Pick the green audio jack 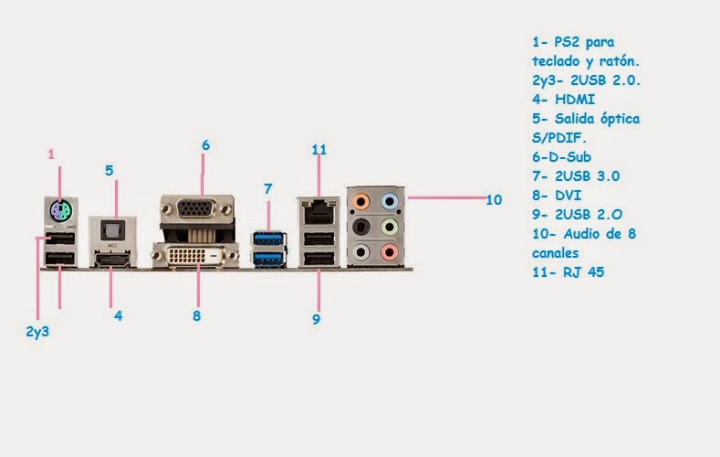tap(390, 225)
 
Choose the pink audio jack tap(390, 250)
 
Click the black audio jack tap(361, 225)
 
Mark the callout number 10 tap(494, 199)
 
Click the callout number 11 tap(318, 149)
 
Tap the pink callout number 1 tap(52, 154)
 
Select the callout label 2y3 tap(37, 332)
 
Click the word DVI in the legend tap(566, 195)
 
